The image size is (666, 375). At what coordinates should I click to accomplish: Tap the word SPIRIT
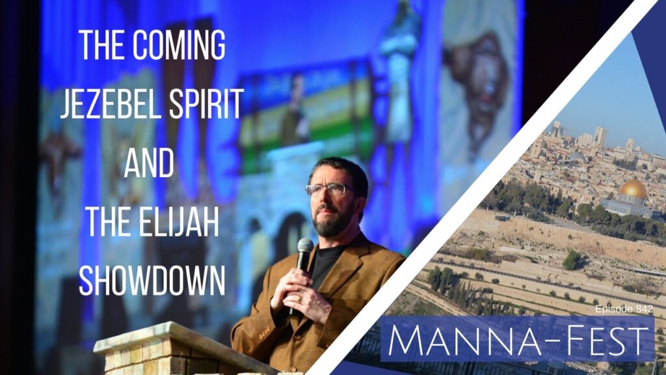coord(206,104)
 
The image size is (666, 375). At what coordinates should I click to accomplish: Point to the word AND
coord(149,162)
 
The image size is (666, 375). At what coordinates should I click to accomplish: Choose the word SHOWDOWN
coord(152,281)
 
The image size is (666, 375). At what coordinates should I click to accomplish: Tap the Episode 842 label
coord(624,309)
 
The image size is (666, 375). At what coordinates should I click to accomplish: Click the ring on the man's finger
coord(299,299)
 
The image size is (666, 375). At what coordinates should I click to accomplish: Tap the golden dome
coord(633,188)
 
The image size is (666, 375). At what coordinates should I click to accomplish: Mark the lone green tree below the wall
coord(572,259)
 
